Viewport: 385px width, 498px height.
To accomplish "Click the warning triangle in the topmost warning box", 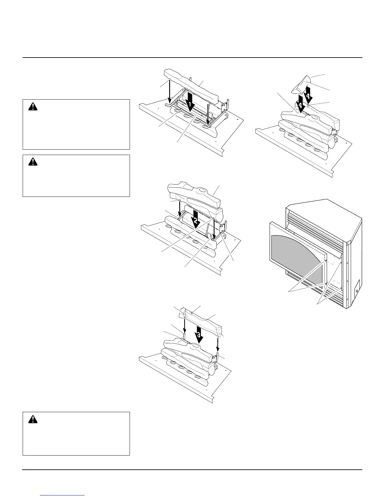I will [x=32, y=107].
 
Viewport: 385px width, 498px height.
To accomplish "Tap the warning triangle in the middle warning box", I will [x=32, y=162].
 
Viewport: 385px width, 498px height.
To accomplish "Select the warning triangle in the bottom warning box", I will [x=32, y=419].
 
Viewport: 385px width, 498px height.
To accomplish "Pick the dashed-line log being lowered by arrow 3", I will [x=204, y=321].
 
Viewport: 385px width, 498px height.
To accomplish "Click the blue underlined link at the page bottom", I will [x=63, y=495].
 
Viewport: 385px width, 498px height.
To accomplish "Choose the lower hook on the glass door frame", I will [x=327, y=284].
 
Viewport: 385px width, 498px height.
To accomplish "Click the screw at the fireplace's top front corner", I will [x=347, y=242].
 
